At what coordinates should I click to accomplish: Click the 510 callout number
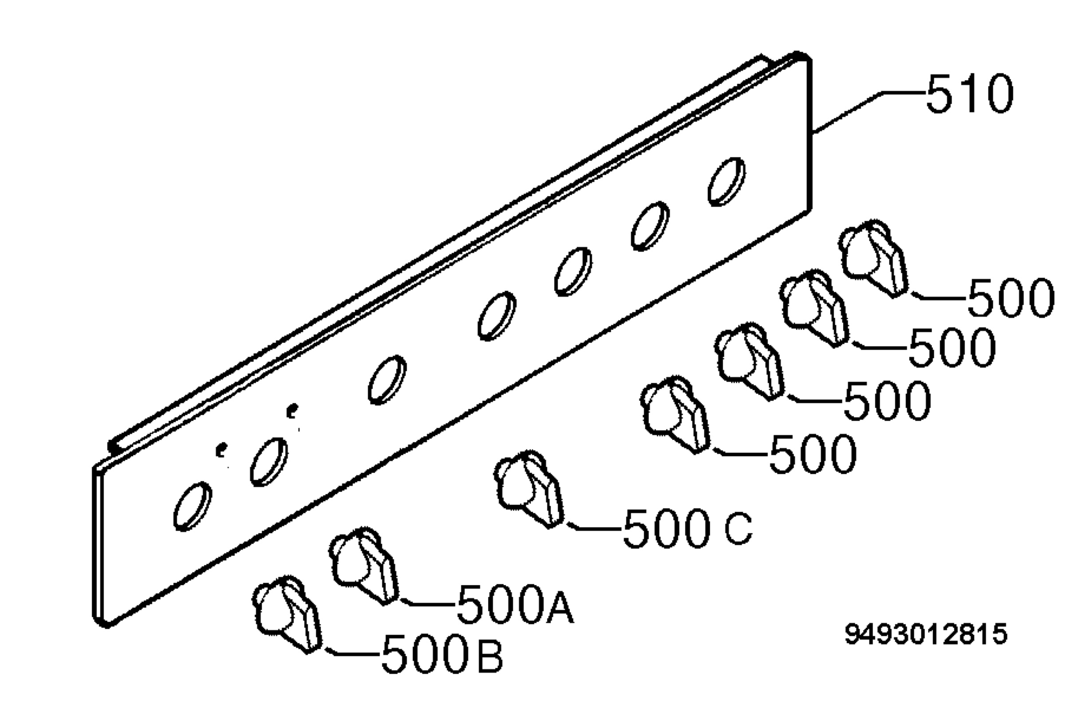969,94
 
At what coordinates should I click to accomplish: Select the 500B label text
442,654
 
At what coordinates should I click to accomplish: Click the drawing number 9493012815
926,635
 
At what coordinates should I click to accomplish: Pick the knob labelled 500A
363,566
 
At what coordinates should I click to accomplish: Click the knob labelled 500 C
529,490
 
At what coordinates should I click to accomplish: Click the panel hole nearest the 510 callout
726,182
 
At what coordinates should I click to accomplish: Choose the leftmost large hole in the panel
193,506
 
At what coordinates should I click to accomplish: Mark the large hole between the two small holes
269,462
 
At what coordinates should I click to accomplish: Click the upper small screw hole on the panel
292,410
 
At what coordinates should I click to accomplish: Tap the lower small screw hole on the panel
221,450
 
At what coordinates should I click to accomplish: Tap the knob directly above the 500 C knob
674,414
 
